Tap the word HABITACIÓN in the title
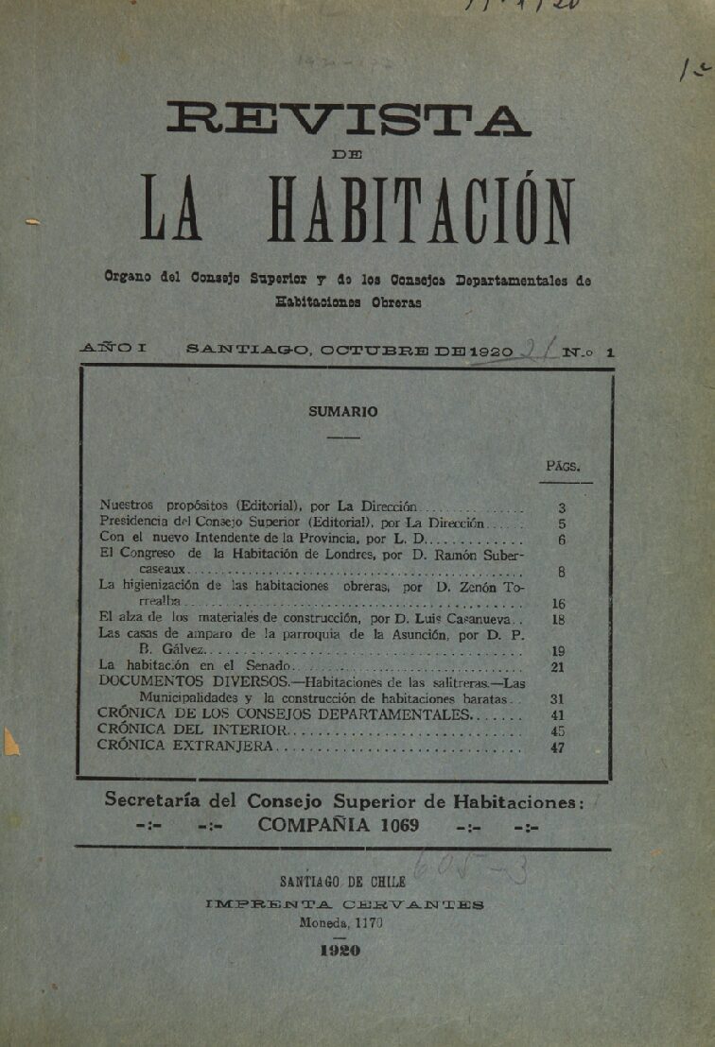[421, 207]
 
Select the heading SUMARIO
[342, 412]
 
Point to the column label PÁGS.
[563, 466]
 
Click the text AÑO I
[113, 349]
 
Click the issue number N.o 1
[587, 352]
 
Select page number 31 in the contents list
[557, 699]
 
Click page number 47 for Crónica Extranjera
[557, 747]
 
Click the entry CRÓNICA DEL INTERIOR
[190, 730]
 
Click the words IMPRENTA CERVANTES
[345, 904]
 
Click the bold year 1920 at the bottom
[340, 952]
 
